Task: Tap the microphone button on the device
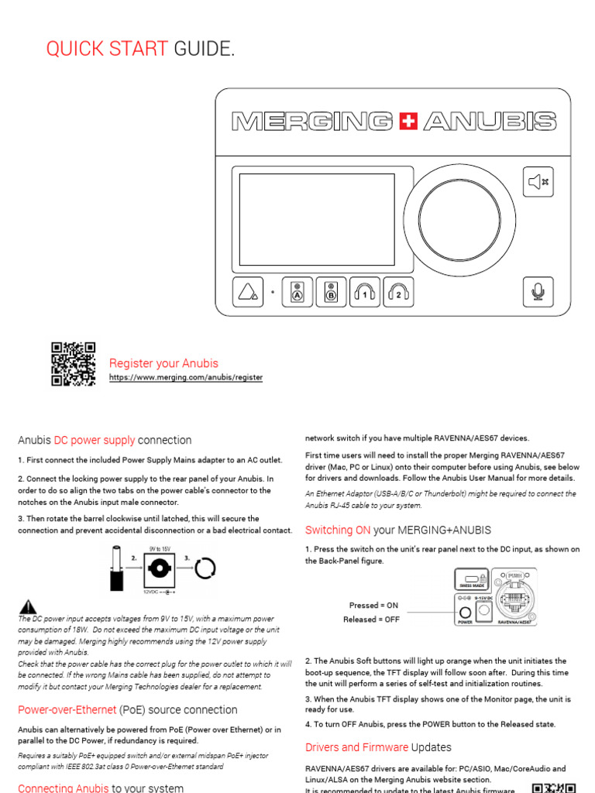click(x=538, y=292)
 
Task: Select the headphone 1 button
click(x=364, y=293)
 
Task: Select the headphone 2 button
click(x=398, y=293)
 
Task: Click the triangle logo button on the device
click(x=248, y=293)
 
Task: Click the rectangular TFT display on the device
click(x=317, y=220)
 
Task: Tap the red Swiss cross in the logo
click(x=410, y=122)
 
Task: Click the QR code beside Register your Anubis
click(x=73, y=364)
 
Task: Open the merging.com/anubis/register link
click(x=185, y=378)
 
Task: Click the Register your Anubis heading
click(x=163, y=363)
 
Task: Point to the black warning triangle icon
click(x=28, y=606)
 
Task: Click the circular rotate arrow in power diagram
click(x=205, y=571)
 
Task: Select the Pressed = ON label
click(x=373, y=605)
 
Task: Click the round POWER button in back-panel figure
click(x=465, y=611)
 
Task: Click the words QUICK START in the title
click(x=107, y=50)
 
